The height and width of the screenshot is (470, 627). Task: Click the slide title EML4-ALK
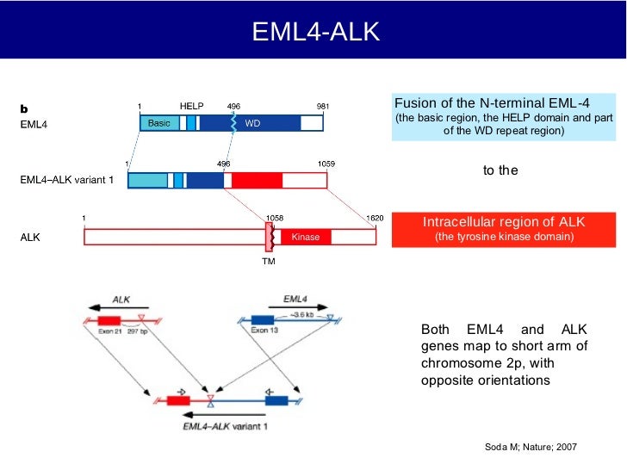coord(313,32)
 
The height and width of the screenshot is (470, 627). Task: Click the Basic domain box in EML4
coord(159,123)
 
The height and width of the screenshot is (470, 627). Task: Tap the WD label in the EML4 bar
coord(252,123)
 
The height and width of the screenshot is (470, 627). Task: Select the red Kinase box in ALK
coord(305,237)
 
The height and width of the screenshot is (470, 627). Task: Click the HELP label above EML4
coord(191,106)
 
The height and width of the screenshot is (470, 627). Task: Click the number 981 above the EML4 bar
coord(323,106)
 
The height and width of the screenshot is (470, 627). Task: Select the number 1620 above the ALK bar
coord(375,219)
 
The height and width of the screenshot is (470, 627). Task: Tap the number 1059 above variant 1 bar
coord(326,163)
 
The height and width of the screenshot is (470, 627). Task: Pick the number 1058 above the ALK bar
coord(274,219)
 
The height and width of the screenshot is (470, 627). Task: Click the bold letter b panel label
coord(24,109)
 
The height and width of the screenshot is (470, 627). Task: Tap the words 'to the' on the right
coord(500,170)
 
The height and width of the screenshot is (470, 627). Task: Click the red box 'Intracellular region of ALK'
coord(504,229)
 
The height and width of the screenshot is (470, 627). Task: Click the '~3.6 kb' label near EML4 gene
coord(302,315)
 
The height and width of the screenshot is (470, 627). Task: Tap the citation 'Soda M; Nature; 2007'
coord(531,448)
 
